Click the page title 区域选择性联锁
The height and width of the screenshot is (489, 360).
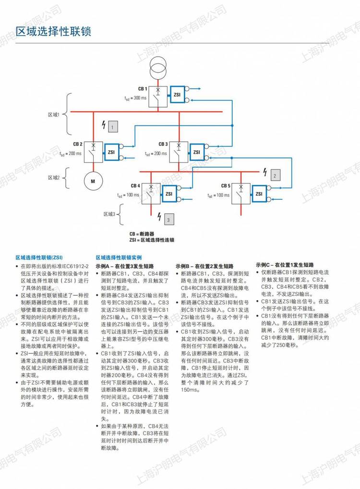point(53,32)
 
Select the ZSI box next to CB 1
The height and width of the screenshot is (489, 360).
point(177,95)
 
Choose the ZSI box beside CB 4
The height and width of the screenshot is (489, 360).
point(169,194)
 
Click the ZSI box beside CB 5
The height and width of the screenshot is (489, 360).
point(259,194)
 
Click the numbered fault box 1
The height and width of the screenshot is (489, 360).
point(112,127)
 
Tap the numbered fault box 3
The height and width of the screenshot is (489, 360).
point(169,220)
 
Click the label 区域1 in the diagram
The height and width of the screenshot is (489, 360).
point(53,114)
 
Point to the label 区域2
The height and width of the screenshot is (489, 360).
point(53,177)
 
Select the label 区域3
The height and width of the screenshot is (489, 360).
point(110,214)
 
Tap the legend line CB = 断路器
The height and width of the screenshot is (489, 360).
point(149,233)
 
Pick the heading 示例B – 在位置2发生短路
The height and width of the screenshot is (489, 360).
point(204,266)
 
